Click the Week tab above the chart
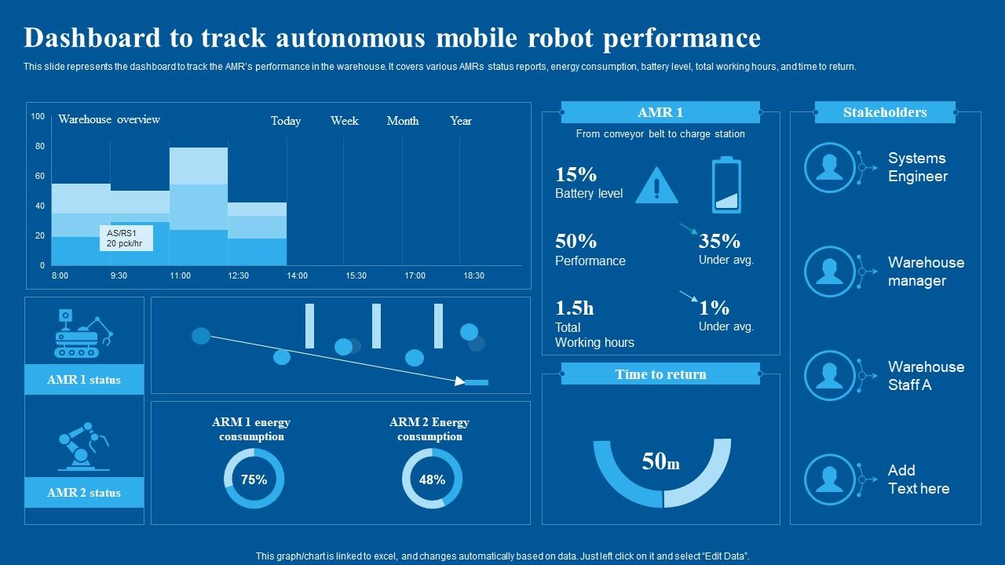(344, 121)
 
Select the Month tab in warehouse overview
(402, 121)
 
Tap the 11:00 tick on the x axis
(180, 275)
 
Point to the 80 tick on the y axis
(39, 147)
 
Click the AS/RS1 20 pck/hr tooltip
(126, 239)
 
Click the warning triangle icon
(656, 185)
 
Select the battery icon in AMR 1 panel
(726, 185)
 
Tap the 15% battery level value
(576, 174)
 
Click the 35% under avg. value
(719, 241)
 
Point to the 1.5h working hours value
(575, 308)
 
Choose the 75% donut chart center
(254, 479)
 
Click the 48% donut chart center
(432, 479)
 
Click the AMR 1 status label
(84, 380)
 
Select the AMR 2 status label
(84, 493)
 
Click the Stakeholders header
(885, 112)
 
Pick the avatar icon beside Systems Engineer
(829, 167)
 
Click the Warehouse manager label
(926, 272)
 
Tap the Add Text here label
(918, 479)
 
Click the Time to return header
(660, 374)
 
